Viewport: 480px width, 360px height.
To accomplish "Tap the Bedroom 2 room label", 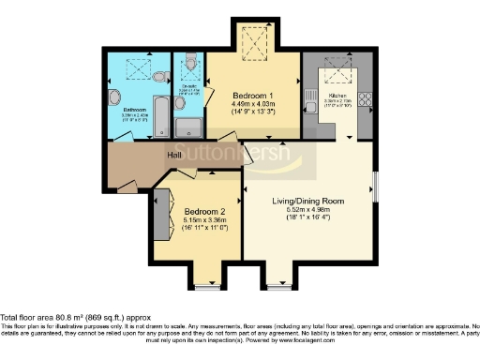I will click(x=204, y=212).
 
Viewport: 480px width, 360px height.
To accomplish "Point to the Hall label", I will click(x=174, y=155).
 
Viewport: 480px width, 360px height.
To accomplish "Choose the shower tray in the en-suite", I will click(x=190, y=127).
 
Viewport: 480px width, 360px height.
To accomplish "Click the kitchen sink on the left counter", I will click(x=309, y=97).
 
